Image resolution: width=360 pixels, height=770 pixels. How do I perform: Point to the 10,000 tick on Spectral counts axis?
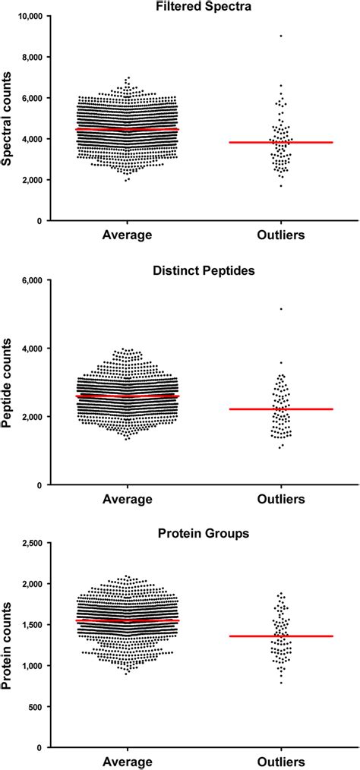[x=27, y=16]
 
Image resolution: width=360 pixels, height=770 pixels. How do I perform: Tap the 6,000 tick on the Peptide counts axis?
[x=29, y=280]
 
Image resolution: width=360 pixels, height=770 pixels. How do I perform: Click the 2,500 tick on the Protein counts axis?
[x=29, y=543]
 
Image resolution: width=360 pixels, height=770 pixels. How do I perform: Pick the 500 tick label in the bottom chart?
[x=33, y=707]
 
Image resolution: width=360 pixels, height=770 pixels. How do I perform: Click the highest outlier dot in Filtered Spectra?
[x=281, y=36]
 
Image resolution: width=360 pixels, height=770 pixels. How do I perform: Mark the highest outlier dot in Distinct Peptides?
[x=281, y=309]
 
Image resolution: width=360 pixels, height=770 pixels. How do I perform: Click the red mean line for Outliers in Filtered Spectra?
[x=281, y=142]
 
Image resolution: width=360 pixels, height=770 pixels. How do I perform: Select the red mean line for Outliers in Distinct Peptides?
[x=281, y=409]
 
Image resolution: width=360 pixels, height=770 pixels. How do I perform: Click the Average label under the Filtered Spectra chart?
[x=128, y=235]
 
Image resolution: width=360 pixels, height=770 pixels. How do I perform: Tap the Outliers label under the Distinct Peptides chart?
[x=281, y=499]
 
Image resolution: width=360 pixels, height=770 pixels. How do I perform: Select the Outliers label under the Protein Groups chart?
[x=281, y=762]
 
